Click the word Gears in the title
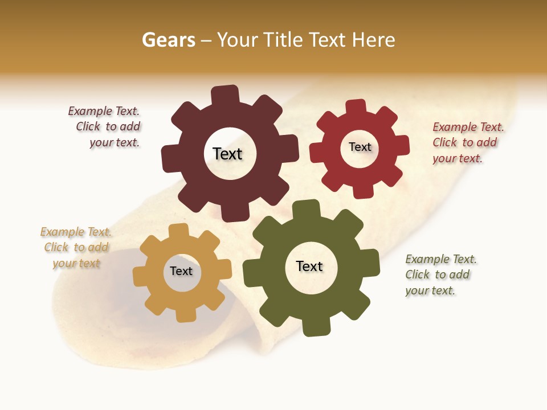pyautogui.click(x=168, y=40)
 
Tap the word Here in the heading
pyautogui.click(x=373, y=40)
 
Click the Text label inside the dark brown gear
pyautogui.click(x=227, y=154)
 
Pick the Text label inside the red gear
pyautogui.click(x=360, y=147)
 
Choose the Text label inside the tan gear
pyautogui.click(x=181, y=271)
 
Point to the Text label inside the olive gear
pyautogui.click(x=309, y=266)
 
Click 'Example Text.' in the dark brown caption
pyautogui.click(x=104, y=111)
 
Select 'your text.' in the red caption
pyautogui.click(x=457, y=158)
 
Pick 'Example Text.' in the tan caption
pyautogui.click(x=76, y=232)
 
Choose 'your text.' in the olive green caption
pyautogui.click(x=430, y=290)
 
